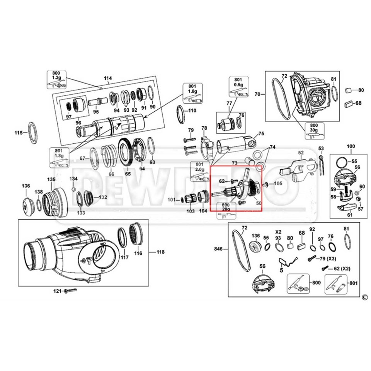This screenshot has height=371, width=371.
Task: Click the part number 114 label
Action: click(x=107, y=78)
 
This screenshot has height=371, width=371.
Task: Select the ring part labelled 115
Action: click(x=33, y=133)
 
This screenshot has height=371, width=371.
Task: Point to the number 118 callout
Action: click(x=160, y=252)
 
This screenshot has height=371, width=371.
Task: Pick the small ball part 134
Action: click(x=73, y=189)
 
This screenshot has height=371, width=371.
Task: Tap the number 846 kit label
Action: click(x=218, y=250)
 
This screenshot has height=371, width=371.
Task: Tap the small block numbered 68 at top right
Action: click(x=348, y=103)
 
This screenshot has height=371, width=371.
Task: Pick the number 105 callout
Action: click(x=278, y=184)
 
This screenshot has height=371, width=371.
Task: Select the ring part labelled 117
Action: click(x=123, y=237)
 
